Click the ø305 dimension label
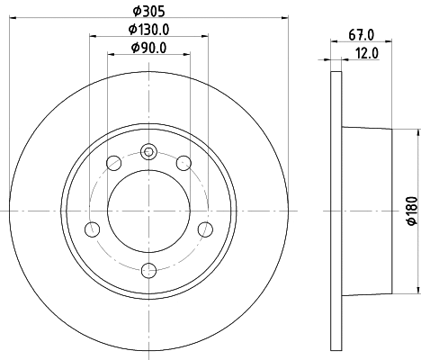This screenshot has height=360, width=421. click(x=149, y=12)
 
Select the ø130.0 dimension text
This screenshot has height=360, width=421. click(x=148, y=30)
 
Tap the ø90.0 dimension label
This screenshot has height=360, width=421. click(x=148, y=48)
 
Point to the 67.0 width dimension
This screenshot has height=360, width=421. click(x=362, y=35)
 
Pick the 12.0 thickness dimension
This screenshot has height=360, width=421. click(x=367, y=53)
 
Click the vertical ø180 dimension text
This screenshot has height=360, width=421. click(x=413, y=211)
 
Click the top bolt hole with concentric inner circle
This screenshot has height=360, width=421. click(x=148, y=152)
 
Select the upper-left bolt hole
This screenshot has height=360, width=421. click(x=114, y=163)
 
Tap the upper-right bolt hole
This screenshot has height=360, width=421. click(x=184, y=163)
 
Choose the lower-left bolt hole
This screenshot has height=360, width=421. click(x=93, y=229)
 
